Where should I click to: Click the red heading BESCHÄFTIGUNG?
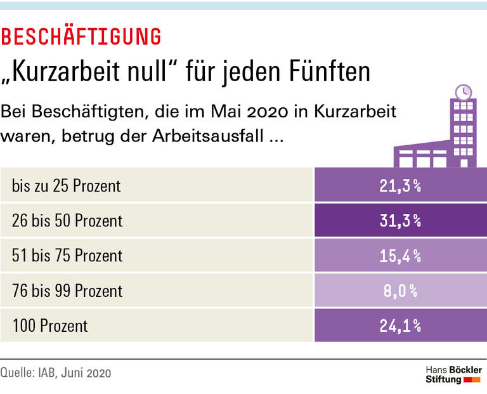(x=81, y=37)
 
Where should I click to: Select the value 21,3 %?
(x=400, y=186)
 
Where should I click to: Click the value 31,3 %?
(x=400, y=221)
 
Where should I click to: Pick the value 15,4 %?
(x=400, y=256)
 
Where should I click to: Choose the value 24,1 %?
(x=400, y=326)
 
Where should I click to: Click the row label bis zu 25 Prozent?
(x=66, y=186)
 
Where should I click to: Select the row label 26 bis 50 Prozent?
(x=67, y=221)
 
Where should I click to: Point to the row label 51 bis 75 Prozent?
(x=67, y=256)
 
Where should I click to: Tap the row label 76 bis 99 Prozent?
(x=67, y=291)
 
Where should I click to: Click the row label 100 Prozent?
(x=50, y=326)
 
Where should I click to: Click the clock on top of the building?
(x=464, y=91)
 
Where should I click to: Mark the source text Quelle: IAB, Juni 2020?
(x=56, y=373)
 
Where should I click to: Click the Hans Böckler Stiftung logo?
(x=453, y=374)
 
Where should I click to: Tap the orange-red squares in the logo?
(x=472, y=379)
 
